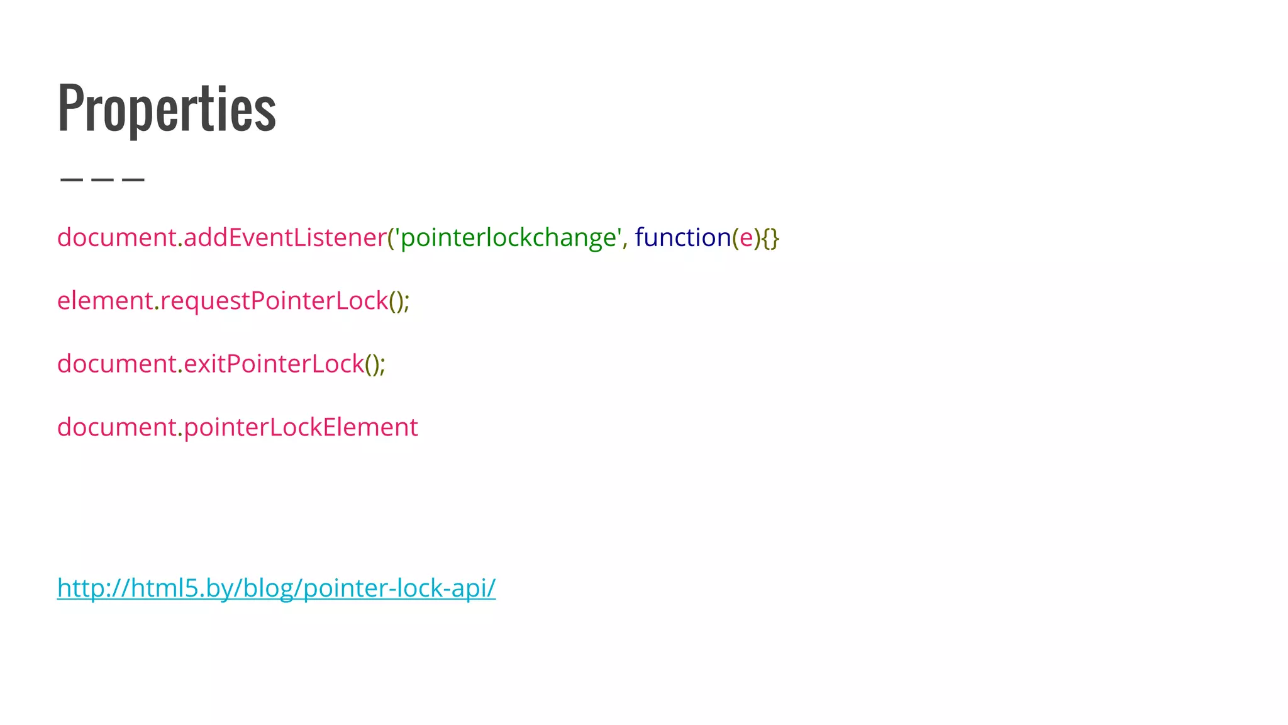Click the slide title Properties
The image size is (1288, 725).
[167, 108]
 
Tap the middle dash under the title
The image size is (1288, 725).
[103, 180]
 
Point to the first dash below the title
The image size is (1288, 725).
[71, 180]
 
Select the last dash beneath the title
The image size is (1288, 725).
[133, 180]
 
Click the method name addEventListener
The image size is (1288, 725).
[284, 237]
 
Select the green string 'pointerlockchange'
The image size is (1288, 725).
[508, 237]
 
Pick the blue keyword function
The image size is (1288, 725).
[683, 237]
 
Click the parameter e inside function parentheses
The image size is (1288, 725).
[746, 238]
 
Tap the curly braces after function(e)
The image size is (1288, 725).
[770, 238]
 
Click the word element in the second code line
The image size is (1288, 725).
[105, 301]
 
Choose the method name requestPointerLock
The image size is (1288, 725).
[274, 301]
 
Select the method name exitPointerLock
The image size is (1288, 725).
[274, 364]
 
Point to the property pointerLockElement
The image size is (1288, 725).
[301, 427]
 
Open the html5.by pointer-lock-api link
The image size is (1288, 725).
[276, 588]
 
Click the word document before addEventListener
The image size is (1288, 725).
[116, 237]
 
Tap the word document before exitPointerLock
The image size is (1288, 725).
[116, 364]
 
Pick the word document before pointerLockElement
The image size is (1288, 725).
[116, 427]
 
